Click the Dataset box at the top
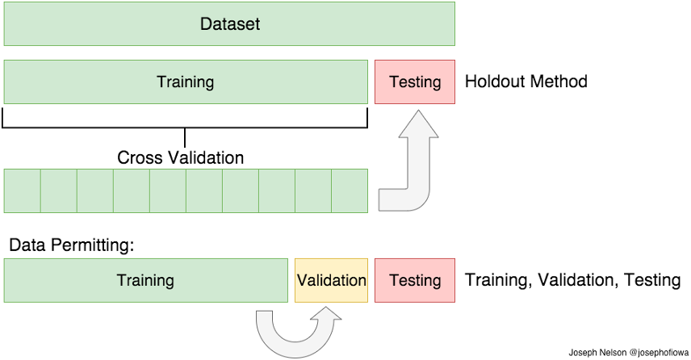click(229, 23)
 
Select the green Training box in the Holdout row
click(186, 82)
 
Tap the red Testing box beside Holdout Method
click(415, 82)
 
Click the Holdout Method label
click(526, 82)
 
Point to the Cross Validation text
click(180, 157)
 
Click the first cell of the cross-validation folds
click(23, 190)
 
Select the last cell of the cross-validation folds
click(350, 190)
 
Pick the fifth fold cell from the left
click(168, 190)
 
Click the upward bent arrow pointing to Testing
click(418, 176)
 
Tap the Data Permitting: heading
click(71, 245)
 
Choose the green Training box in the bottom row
click(146, 280)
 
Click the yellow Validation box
click(332, 280)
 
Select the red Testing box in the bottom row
click(415, 280)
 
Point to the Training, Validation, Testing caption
click(573, 280)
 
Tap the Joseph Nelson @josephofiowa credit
click(628, 353)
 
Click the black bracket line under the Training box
click(185, 128)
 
